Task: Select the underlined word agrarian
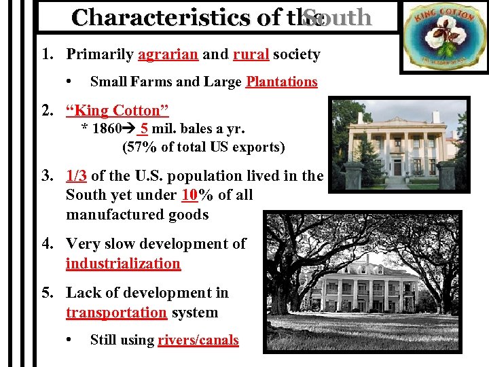coord(166,54)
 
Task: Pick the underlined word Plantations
coord(281,82)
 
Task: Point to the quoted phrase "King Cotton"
coord(117,110)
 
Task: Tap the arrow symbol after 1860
coord(129,128)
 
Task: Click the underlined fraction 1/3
coord(76,175)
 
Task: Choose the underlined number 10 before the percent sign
coord(189,196)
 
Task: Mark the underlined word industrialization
coord(123,264)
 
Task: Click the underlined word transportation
coord(116,313)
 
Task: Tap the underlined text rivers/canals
coord(198,340)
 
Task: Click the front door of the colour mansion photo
coord(397,167)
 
